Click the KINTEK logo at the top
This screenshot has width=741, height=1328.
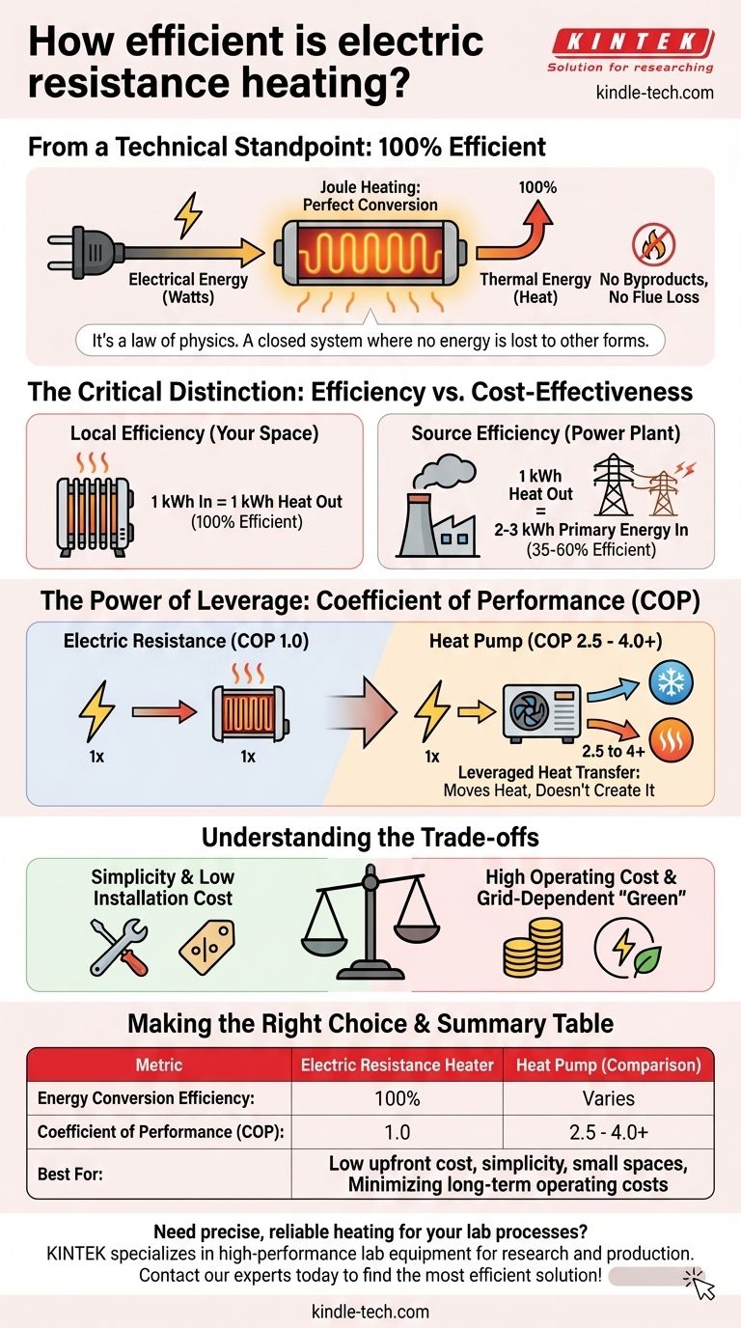point(632,42)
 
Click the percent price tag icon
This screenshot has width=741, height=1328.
point(206,945)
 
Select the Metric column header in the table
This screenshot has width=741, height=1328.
point(160,1065)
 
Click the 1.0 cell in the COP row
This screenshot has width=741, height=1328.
point(397,1131)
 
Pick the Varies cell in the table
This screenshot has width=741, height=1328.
point(608,1098)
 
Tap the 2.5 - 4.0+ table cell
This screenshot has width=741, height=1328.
point(608,1131)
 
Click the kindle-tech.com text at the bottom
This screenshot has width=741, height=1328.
point(370,1312)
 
